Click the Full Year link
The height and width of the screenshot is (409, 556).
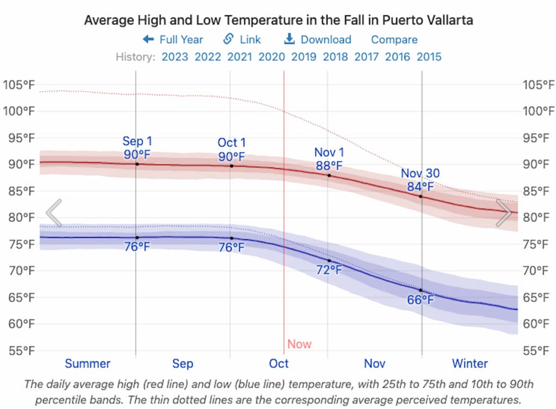173,40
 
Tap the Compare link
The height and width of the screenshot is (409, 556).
394,40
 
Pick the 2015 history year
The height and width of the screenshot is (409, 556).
429,56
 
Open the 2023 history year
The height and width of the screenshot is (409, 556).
175,56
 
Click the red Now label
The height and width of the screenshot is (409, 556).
300,344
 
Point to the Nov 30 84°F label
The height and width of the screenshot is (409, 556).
421,180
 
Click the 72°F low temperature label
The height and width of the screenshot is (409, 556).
330,270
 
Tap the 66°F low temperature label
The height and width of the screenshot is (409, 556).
421,300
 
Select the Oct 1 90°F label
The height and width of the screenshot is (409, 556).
231,150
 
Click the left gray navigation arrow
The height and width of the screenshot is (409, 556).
54,213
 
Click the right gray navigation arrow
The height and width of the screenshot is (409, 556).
504,213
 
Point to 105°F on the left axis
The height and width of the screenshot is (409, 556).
18,85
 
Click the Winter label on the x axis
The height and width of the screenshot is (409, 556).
470,363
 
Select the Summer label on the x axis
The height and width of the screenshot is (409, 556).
87,363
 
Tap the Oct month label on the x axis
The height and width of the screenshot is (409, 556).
279,363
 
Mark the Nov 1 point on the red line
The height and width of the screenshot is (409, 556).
329,175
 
